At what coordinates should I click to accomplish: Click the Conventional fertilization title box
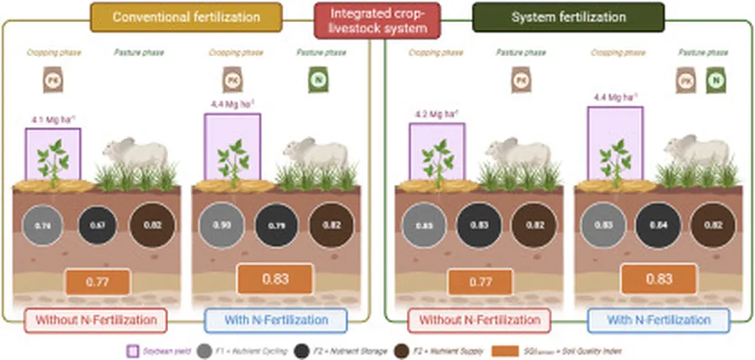[x=186, y=17]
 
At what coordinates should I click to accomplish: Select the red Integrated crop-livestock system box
[x=377, y=21]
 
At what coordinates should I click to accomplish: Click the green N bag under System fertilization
[x=714, y=79]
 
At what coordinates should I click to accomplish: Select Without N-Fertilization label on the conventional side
[x=95, y=320]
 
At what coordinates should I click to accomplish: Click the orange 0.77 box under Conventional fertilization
[x=97, y=281]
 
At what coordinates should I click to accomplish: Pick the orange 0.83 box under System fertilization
[x=658, y=280]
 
